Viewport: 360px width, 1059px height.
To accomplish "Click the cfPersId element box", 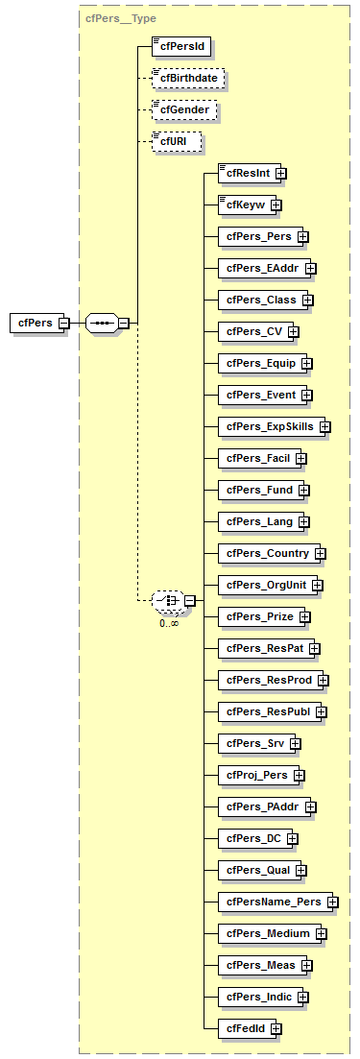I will coord(181,45).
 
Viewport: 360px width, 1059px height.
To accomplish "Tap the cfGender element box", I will coord(182,109).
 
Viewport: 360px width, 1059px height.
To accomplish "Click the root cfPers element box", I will coord(35,324).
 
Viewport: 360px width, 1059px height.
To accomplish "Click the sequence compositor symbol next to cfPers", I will coord(102,324).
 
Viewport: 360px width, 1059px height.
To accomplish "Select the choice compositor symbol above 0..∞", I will coord(168,601).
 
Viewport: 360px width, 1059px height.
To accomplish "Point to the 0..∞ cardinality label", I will coord(168,622).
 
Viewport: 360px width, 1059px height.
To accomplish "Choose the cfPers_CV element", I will coord(253,331).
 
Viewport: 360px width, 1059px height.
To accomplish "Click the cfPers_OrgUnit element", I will coord(265,585).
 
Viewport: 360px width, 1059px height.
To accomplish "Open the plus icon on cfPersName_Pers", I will coord(332,903).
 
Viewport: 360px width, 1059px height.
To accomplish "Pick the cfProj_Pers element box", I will coord(256,775).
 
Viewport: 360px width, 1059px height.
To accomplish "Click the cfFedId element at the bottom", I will coord(245,1028).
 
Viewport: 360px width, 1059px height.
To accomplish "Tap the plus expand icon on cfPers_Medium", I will coord(321,934).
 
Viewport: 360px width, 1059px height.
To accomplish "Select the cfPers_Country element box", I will coord(268,553).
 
